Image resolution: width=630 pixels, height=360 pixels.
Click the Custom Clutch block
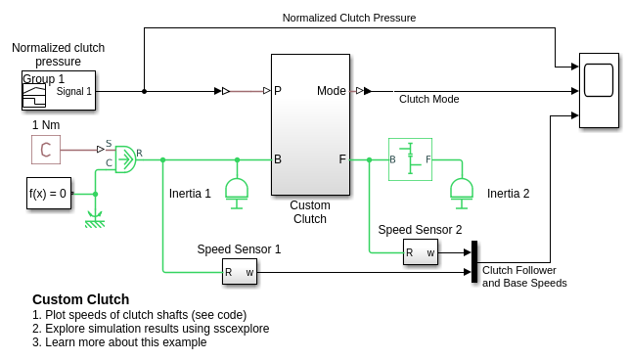pyautogui.click(x=310, y=124)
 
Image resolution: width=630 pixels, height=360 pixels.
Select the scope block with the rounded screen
pyautogui.click(x=599, y=90)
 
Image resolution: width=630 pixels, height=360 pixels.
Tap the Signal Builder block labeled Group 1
pyautogui.click(x=59, y=90)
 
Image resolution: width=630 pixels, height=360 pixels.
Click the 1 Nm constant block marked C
pyautogui.click(x=46, y=150)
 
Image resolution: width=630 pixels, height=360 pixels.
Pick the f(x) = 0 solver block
pyautogui.click(x=49, y=194)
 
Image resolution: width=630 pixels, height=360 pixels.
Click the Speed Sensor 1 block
pyautogui.click(x=240, y=272)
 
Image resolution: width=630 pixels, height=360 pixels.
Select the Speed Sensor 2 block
pyautogui.click(x=421, y=252)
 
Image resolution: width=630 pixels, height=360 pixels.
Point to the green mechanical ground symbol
pyautogui.click(x=95, y=220)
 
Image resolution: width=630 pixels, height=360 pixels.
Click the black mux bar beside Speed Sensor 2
pyautogui.click(x=474, y=261)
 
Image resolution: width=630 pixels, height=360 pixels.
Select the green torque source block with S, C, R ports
pyautogui.click(x=125, y=159)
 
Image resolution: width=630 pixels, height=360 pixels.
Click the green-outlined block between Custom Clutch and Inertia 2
pyautogui.click(x=410, y=159)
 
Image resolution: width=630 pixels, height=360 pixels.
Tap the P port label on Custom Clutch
pyautogui.click(x=278, y=91)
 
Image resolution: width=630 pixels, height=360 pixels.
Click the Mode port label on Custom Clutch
pyautogui.click(x=331, y=91)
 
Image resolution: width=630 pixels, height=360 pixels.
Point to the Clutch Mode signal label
pyautogui.click(x=428, y=99)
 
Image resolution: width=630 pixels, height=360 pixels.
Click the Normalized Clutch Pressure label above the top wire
pyautogui.click(x=349, y=18)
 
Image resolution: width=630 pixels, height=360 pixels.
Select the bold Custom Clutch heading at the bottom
pyautogui.click(x=81, y=299)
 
